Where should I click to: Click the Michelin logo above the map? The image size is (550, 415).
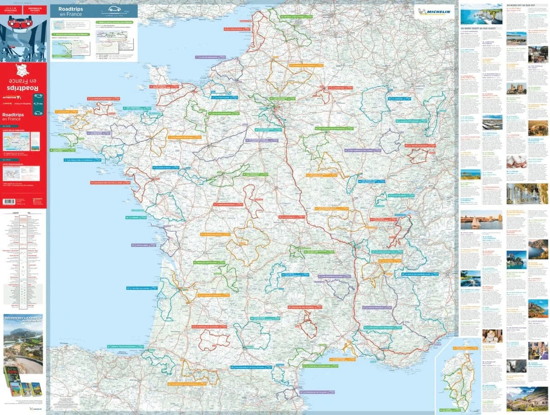pos(434,12)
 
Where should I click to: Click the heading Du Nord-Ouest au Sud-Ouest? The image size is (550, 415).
pos(481,29)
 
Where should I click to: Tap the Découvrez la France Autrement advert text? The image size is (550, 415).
pos(23,321)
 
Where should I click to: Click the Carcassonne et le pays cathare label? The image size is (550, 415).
pos(251,367)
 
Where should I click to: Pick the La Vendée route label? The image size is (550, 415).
pos(135,217)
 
